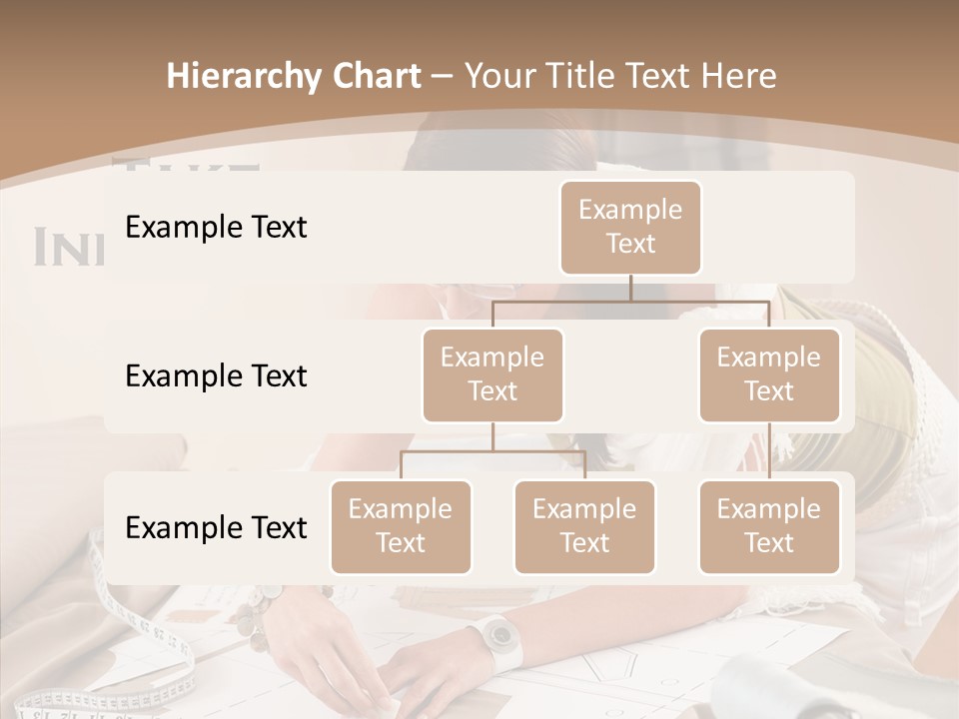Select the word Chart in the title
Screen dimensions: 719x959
(376, 77)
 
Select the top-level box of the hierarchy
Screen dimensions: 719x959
(630, 228)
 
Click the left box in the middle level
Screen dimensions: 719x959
(492, 375)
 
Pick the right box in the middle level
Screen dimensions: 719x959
(769, 375)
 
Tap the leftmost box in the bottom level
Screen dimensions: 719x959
(401, 527)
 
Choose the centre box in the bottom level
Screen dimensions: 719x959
(584, 527)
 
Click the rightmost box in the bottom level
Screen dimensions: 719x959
(769, 527)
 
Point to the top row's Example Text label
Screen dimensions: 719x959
(216, 228)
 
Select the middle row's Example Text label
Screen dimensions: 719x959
(216, 376)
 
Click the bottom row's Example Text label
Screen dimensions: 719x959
(216, 527)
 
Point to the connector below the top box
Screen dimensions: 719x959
(630, 291)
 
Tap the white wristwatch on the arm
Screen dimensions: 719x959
(495, 636)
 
